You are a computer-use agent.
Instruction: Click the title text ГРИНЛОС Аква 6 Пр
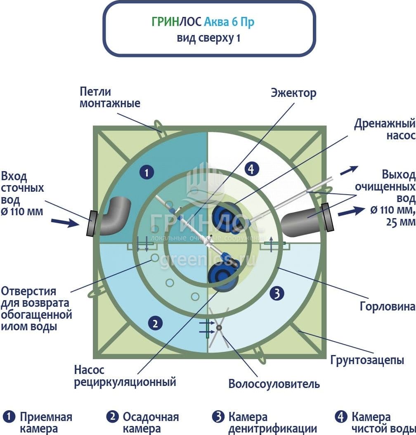pos(203,22)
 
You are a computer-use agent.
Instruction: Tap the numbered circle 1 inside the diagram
pos(146,172)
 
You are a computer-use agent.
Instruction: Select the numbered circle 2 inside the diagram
pos(155,324)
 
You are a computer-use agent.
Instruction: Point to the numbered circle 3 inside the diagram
pos(277,293)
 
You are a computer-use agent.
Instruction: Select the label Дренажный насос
pos(384,129)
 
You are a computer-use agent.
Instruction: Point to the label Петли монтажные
pos(110,97)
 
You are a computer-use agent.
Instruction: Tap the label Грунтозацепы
pos(367,360)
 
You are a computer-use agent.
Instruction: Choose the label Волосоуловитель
pos(274,384)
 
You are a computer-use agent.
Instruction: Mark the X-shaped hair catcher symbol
pos(218,328)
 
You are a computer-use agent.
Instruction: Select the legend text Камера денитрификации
pos(272,423)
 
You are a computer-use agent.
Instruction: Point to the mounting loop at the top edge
pos(159,125)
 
